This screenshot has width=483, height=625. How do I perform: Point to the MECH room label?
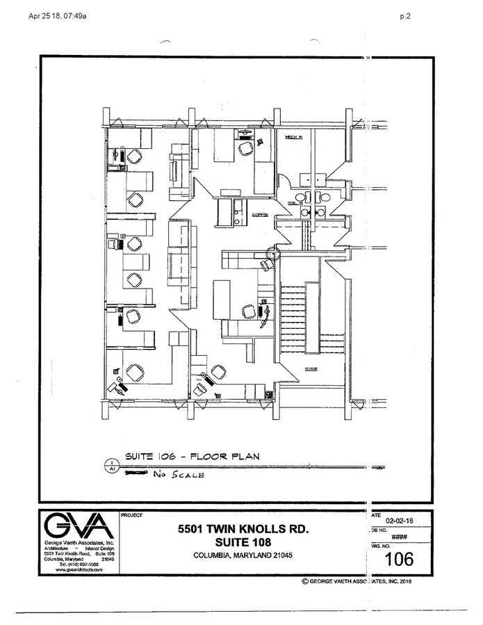point(295,137)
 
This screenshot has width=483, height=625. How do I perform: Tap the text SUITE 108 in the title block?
point(243,542)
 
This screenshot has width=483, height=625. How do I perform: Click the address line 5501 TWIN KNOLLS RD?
point(243,529)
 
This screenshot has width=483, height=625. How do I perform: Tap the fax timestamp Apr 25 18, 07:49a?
point(58,17)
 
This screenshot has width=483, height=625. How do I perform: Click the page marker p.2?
point(406,17)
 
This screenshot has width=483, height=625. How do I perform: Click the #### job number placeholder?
point(400,537)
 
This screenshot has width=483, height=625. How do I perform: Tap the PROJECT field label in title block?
point(131,516)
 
